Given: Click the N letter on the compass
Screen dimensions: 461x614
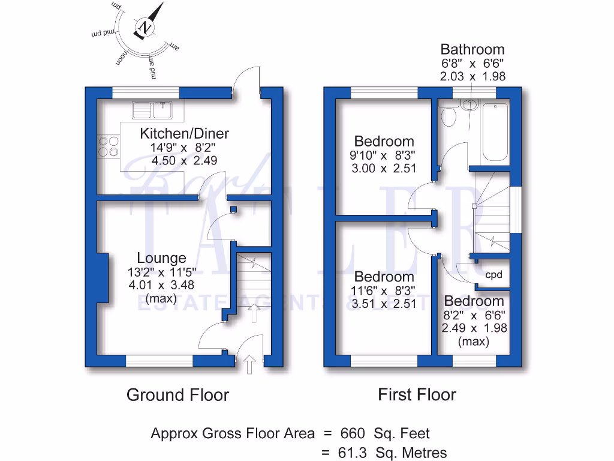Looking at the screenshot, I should click(x=145, y=27).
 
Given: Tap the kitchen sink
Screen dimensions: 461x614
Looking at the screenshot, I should click(x=152, y=109).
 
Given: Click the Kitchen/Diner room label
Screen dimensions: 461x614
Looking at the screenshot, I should click(x=184, y=133).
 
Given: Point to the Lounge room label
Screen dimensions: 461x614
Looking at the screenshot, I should click(x=161, y=258).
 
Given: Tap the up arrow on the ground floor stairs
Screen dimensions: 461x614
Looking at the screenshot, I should click(x=254, y=313).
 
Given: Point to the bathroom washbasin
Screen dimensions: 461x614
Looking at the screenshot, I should click(x=470, y=105).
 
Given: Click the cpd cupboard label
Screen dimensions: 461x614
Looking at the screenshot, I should click(x=493, y=275).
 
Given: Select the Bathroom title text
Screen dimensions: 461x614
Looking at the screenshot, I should click(x=472, y=49).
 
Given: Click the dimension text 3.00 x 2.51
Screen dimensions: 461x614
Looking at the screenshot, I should click(x=384, y=168).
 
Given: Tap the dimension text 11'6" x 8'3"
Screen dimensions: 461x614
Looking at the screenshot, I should click(x=384, y=291).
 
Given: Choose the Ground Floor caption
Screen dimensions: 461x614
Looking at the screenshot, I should click(x=177, y=394).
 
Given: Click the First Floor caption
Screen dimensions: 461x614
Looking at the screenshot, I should click(x=417, y=394).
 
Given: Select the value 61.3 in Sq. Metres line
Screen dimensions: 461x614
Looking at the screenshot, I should click(x=354, y=453).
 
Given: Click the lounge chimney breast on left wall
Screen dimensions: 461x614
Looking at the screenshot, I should click(x=102, y=278).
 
